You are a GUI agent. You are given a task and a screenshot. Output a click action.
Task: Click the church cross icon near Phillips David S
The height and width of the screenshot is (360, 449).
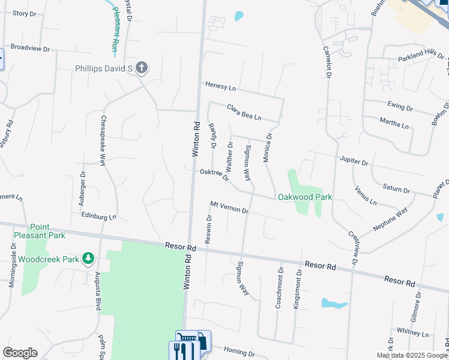pyautogui.click(x=142, y=67)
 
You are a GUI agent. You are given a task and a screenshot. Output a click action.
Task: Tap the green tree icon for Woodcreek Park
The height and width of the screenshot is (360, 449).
pyautogui.click(x=89, y=259)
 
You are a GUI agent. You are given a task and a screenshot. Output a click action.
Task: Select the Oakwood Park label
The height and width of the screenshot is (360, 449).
pyautogui.click(x=304, y=197)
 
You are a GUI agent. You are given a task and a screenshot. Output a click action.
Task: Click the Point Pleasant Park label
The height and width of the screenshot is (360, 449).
pyautogui.click(x=40, y=231)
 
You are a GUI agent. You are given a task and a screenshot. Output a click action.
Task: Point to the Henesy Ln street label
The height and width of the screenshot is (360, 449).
pyautogui.click(x=220, y=87)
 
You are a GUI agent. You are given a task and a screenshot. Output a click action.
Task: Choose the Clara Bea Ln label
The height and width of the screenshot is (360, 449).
pyautogui.click(x=244, y=112)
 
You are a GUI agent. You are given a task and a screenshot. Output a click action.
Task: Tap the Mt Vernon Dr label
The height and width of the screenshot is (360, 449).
pyautogui.click(x=229, y=208)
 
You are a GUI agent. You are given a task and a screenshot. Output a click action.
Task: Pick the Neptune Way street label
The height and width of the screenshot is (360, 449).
pyautogui.click(x=390, y=218)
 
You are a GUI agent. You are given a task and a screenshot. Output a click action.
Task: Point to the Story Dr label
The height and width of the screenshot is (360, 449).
pyautogui.click(x=25, y=13)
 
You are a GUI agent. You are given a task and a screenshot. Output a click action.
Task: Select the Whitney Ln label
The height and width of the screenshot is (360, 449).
pyautogui.click(x=412, y=332)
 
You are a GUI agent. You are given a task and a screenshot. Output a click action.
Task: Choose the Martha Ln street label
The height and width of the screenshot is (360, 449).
pyautogui.click(x=394, y=124)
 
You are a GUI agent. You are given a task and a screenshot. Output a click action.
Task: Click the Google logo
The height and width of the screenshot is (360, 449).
pyautogui.click(x=20, y=353)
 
